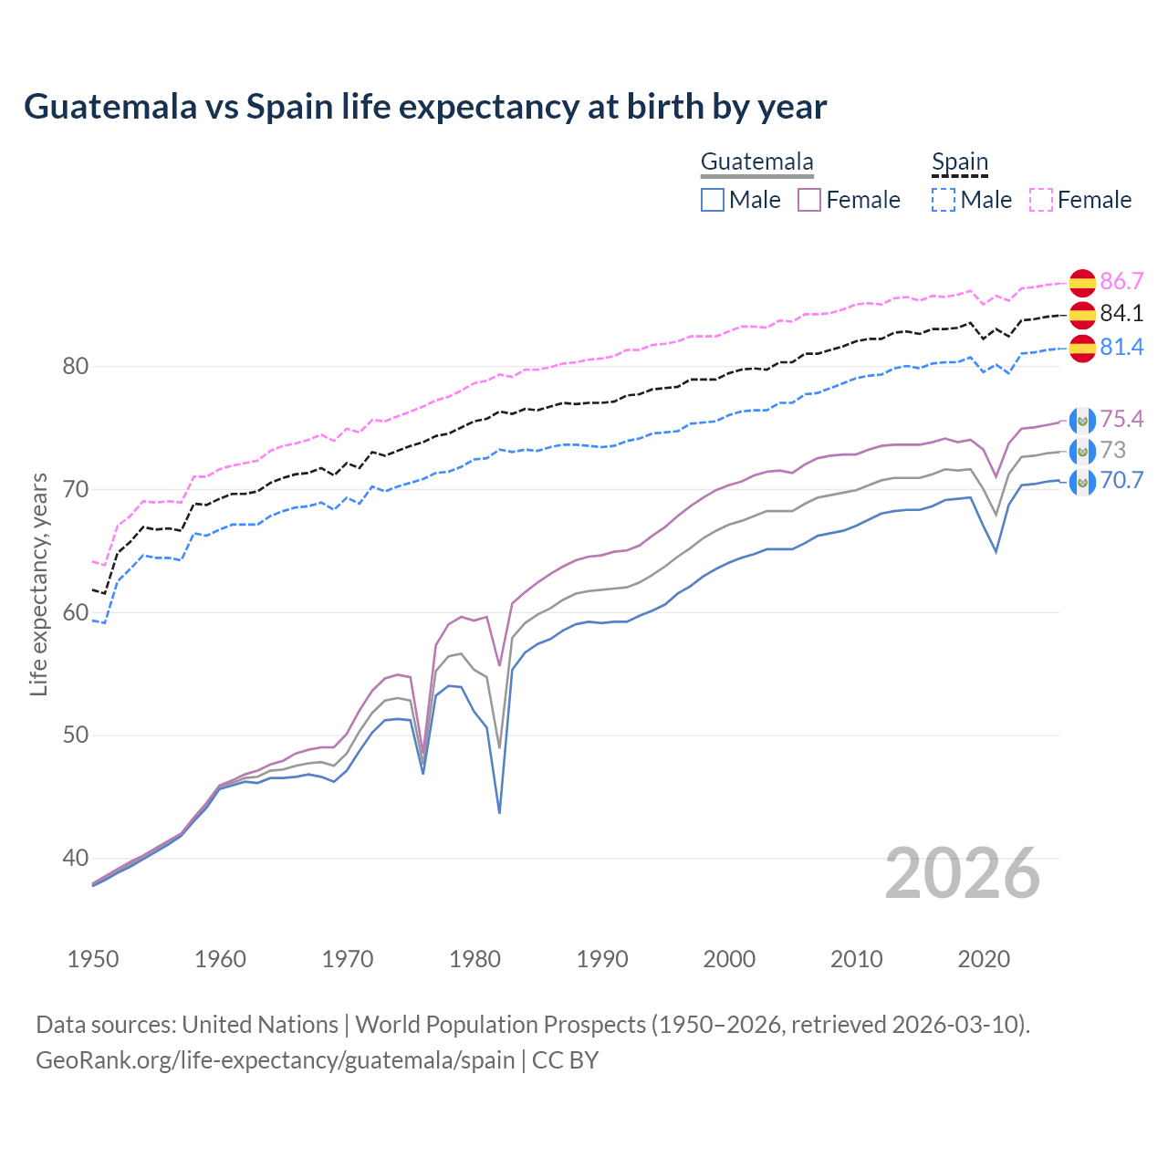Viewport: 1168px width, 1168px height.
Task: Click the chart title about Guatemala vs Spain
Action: pos(425,107)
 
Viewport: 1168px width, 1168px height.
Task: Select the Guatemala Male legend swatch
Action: pos(713,200)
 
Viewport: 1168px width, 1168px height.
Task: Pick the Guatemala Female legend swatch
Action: pos(809,200)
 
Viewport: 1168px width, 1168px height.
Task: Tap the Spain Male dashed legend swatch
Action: pos(944,200)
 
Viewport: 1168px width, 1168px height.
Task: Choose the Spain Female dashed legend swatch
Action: pos(1041,200)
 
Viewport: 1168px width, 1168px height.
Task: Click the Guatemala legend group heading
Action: pos(756,162)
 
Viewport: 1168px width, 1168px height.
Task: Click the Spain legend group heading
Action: pos(959,162)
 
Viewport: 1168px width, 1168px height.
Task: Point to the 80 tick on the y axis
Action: pos(75,367)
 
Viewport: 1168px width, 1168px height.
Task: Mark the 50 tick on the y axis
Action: pos(75,735)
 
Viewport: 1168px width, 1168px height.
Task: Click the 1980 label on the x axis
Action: pos(474,959)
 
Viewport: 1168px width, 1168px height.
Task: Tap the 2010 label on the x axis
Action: pos(856,959)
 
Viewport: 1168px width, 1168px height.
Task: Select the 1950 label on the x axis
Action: pos(93,959)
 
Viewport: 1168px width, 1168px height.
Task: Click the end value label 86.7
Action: pos(1121,281)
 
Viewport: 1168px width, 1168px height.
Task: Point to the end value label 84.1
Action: pos(1121,314)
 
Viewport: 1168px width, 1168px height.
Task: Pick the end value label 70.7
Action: pos(1121,481)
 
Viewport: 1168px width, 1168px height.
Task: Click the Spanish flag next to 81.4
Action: pos(1082,348)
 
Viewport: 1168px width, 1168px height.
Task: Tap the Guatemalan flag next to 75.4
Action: pos(1082,420)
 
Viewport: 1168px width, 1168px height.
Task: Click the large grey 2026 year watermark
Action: pos(962,873)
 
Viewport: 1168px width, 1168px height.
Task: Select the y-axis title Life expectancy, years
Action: pos(38,584)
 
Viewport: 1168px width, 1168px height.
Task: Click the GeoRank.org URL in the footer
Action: pos(276,1060)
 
